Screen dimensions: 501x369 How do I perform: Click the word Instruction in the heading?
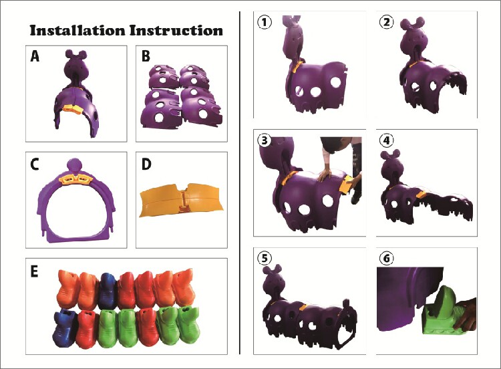[178, 31]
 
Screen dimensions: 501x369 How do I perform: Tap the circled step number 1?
[265, 21]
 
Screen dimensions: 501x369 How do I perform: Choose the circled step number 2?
[386, 21]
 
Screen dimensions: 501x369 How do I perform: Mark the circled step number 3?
[265, 141]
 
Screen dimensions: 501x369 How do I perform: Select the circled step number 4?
[386, 141]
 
